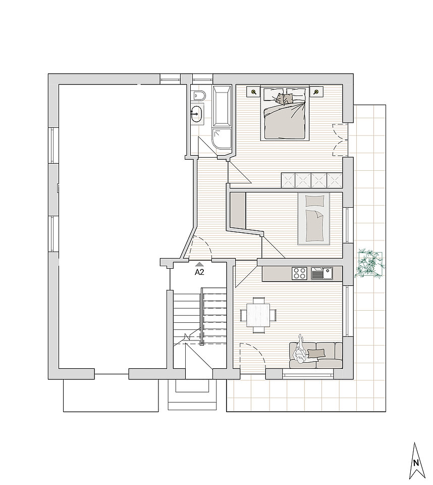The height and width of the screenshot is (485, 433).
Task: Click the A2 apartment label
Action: (199, 272)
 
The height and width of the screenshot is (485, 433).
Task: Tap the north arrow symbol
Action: (417, 460)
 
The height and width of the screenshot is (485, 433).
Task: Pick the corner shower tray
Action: (222, 139)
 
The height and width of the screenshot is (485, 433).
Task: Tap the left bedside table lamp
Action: (254, 91)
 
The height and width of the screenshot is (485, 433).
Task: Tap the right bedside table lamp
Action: (316, 91)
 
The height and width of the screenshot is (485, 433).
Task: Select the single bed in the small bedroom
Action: (313, 218)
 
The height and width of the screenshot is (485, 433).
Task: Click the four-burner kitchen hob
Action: (299, 274)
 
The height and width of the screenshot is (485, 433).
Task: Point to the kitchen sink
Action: (322, 273)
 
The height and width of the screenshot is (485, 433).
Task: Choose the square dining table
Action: (258, 315)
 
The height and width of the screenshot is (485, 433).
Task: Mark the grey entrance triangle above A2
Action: (199, 264)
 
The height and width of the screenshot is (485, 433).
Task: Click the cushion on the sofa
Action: (316, 353)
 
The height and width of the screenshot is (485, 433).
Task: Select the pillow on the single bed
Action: (313, 201)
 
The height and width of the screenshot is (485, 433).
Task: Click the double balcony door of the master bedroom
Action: (340, 140)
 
